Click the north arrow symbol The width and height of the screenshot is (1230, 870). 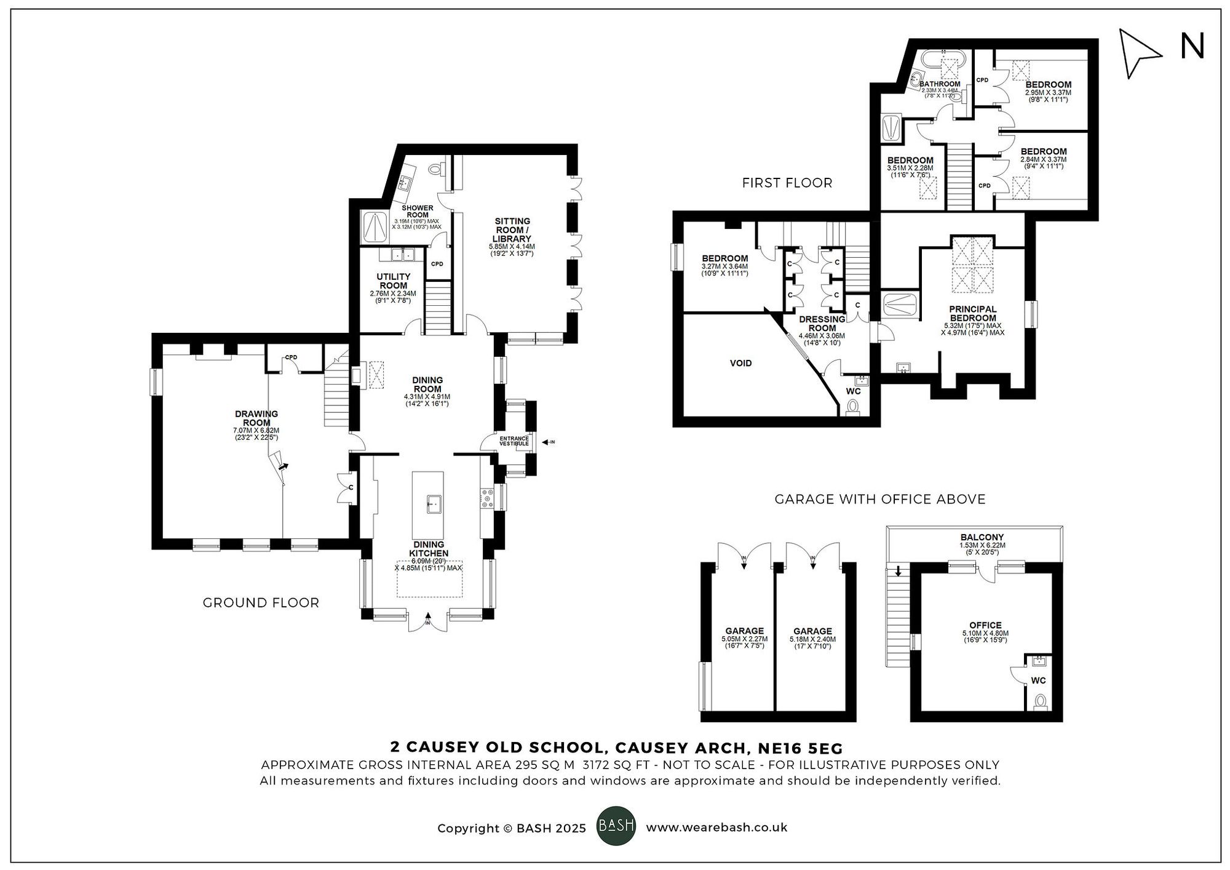pyautogui.click(x=1138, y=54)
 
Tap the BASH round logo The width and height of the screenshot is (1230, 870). pyautogui.click(x=616, y=826)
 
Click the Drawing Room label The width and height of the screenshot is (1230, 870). pyautogui.click(x=256, y=418)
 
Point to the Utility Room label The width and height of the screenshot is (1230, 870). pyautogui.click(x=393, y=281)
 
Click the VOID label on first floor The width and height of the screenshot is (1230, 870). pyautogui.click(x=740, y=363)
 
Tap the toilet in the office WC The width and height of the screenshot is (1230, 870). pyautogui.click(x=1041, y=701)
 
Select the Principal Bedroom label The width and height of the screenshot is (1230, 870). pyautogui.click(x=972, y=314)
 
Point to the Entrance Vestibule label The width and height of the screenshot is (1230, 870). pyautogui.click(x=514, y=441)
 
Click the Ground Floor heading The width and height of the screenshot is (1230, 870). pyautogui.click(x=261, y=603)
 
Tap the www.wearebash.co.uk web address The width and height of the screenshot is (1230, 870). pyautogui.click(x=716, y=828)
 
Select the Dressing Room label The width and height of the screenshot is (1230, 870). pyautogui.click(x=822, y=324)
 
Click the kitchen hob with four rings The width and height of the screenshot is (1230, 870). pyautogui.click(x=486, y=498)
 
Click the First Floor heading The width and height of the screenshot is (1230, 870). pyautogui.click(x=787, y=183)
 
